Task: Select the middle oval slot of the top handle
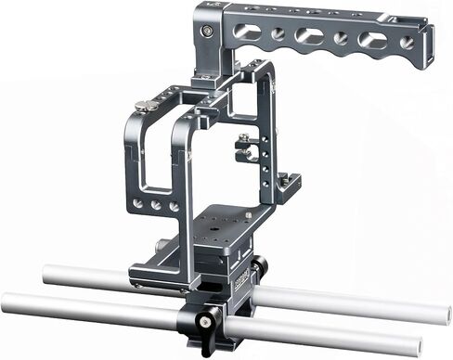click(x=313, y=36)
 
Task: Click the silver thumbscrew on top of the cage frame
click(x=143, y=105)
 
